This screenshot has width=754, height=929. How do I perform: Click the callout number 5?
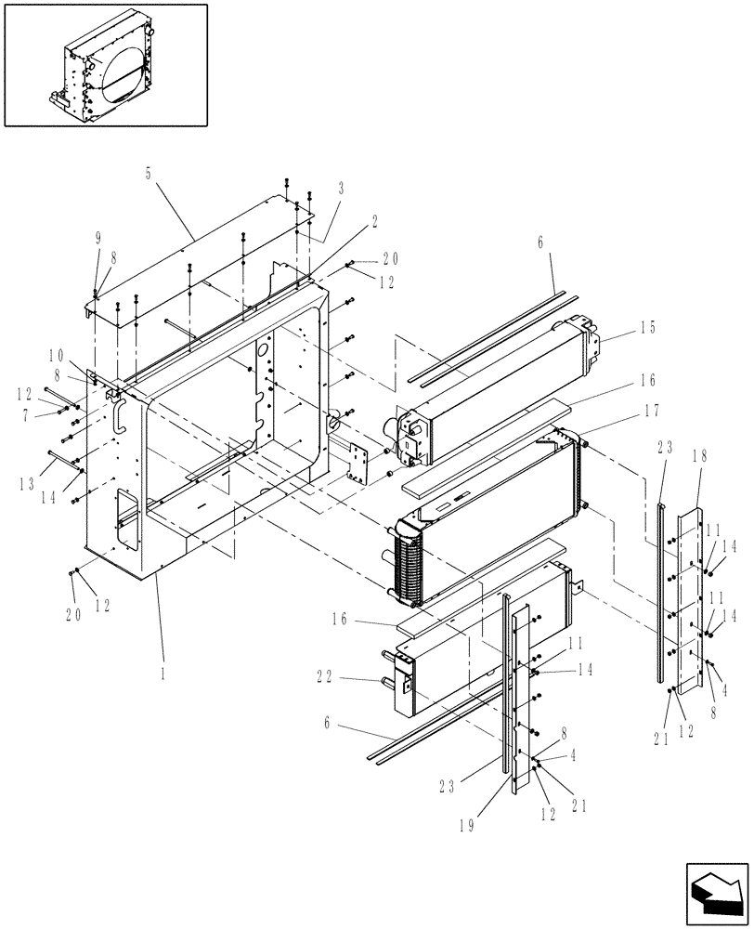tap(149, 171)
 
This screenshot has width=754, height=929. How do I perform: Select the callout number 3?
tap(341, 187)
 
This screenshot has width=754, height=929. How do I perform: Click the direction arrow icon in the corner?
tap(716, 893)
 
